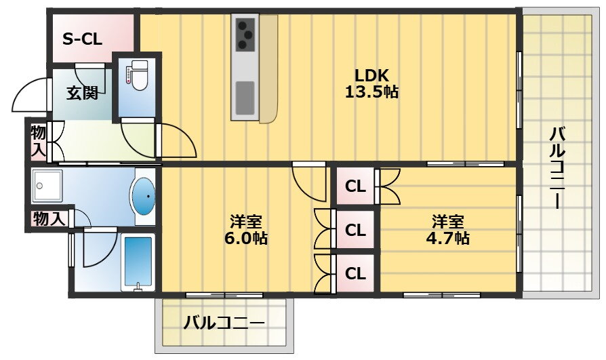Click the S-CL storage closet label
point(82,39)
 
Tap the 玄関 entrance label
point(82,93)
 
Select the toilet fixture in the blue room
point(136,75)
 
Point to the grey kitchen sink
point(245,98)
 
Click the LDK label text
point(371,75)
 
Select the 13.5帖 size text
point(371,92)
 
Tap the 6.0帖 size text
point(246,238)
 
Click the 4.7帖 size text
point(447,238)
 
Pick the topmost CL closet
point(355,186)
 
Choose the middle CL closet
point(355,230)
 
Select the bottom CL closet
point(355,273)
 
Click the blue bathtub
point(138,262)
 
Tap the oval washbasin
point(144,197)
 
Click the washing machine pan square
point(47,185)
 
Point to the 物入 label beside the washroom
point(49,219)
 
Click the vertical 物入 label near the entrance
point(39,141)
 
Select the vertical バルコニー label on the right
point(557,167)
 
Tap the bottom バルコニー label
point(224,323)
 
